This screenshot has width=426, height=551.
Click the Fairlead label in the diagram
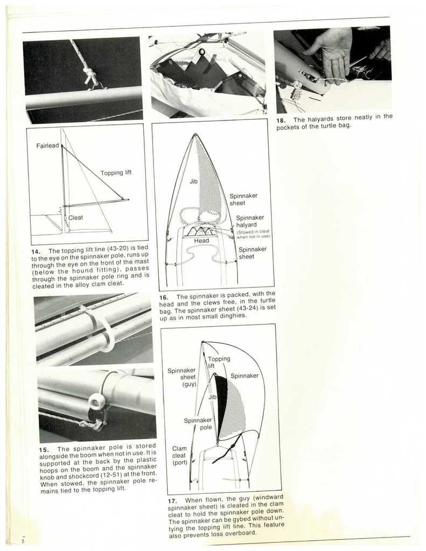47,146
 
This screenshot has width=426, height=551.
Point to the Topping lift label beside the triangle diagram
116,173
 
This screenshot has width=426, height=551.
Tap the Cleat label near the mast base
75,217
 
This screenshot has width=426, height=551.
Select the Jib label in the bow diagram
193,182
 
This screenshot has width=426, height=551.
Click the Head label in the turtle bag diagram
201,241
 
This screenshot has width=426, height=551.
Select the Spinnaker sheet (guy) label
181,377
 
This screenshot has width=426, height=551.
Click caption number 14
36,251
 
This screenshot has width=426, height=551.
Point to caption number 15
44,449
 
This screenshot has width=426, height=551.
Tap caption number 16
164,297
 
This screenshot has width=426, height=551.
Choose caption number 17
172,500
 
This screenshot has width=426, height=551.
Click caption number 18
281,120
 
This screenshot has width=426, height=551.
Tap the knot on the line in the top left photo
90,74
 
